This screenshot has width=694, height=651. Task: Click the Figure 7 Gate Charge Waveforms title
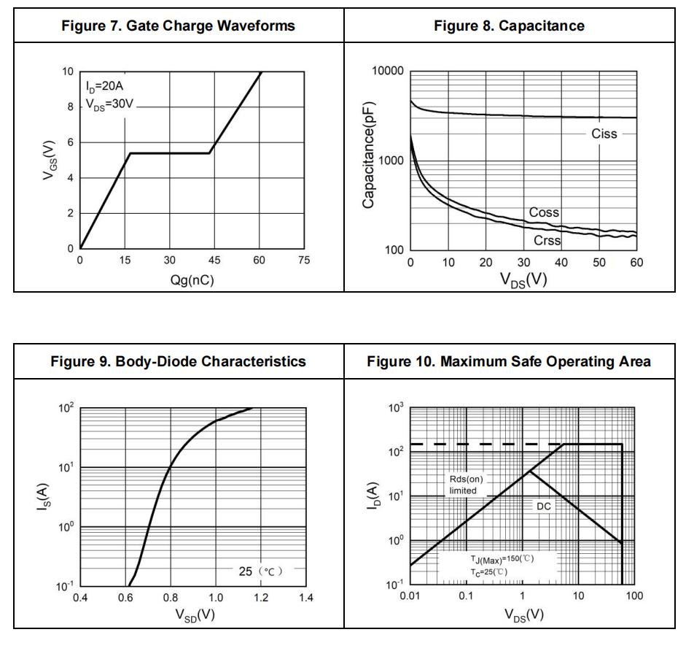click(x=179, y=26)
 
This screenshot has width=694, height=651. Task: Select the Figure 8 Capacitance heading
click(x=509, y=26)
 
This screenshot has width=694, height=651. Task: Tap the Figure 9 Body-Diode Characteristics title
click(x=179, y=361)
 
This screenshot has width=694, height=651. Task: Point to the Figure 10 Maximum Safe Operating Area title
click(x=509, y=361)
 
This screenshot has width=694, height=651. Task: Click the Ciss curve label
click(x=604, y=134)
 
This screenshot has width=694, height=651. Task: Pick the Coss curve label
click(x=544, y=212)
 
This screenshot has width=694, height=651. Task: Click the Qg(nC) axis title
click(x=192, y=280)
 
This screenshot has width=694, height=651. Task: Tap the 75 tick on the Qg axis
click(x=304, y=261)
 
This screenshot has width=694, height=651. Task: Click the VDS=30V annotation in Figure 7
click(x=110, y=104)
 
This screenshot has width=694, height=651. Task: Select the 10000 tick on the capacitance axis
click(x=386, y=72)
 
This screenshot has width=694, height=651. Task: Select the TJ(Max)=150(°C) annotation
click(x=502, y=559)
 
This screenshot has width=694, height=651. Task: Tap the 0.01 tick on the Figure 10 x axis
click(x=410, y=597)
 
